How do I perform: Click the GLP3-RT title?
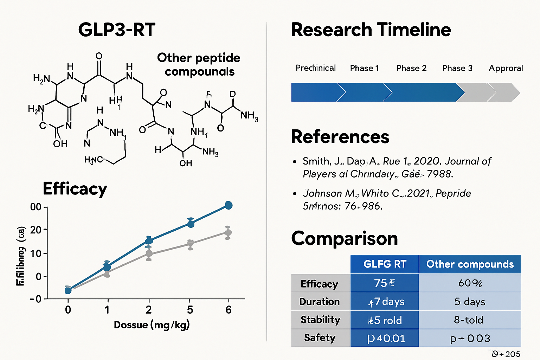[x=117, y=30]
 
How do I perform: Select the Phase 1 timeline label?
[x=365, y=68]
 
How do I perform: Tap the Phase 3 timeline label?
[x=457, y=68]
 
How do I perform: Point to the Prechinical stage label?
[x=315, y=68]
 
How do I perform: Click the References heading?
[x=340, y=137]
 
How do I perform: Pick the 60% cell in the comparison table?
[x=470, y=283]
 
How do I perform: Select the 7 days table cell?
[x=386, y=302]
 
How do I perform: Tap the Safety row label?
[x=320, y=338]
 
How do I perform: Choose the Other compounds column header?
[x=470, y=264]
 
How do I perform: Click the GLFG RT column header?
[x=385, y=264]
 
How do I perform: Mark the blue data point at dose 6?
[x=229, y=205]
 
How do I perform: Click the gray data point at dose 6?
[x=228, y=233]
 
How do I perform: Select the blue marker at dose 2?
[x=149, y=240]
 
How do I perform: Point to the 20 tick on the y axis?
[x=36, y=230]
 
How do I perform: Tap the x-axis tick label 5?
[x=190, y=310]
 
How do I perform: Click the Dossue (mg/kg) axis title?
[x=152, y=325]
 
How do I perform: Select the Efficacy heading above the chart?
[x=75, y=189]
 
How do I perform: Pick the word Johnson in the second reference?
[x=322, y=193]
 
